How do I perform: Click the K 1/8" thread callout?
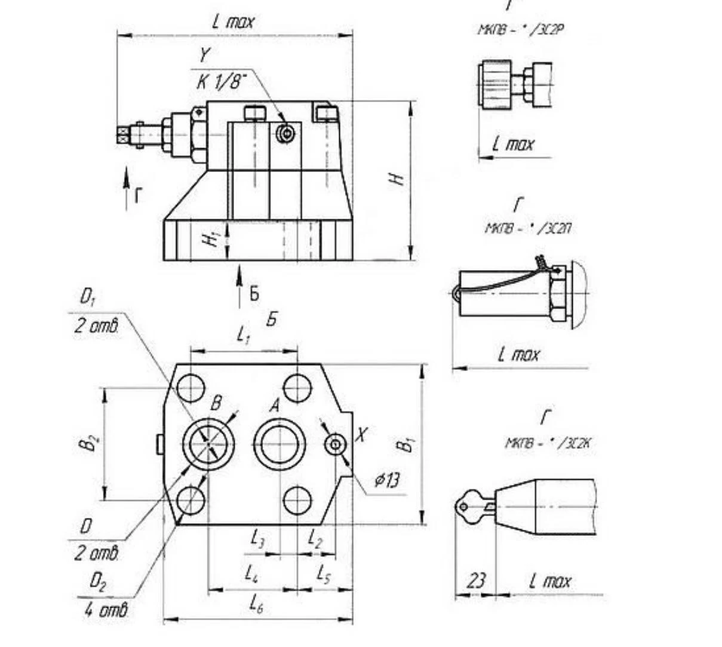click(x=222, y=82)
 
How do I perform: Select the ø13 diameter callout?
click(x=388, y=480)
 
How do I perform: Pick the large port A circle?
click(x=279, y=444)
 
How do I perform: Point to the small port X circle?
click(x=335, y=444)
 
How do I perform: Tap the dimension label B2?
click(x=91, y=443)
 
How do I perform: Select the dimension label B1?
click(x=408, y=444)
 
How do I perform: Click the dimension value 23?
click(x=476, y=581)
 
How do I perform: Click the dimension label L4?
click(x=251, y=574)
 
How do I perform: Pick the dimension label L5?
click(x=323, y=574)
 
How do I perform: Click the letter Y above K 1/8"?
click(x=205, y=56)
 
